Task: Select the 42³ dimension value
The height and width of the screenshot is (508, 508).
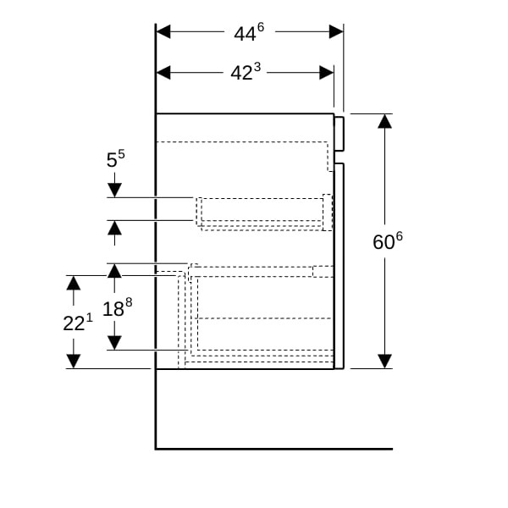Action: point(246,73)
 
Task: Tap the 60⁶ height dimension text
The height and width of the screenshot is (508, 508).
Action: point(388,241)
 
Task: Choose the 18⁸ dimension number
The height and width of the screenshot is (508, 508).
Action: point(118,307)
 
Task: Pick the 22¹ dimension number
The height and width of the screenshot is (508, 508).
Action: point(78,323)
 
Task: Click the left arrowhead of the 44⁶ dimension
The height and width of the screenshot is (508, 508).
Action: point(164,31)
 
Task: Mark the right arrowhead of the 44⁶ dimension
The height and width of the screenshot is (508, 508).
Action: point(336,31)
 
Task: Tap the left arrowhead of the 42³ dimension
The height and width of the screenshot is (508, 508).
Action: point(164,73)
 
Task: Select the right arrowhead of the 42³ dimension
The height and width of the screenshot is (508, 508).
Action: point(326,73)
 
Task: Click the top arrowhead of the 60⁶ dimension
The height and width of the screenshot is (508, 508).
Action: point(385,121)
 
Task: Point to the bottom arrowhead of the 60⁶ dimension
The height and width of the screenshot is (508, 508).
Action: point(385,362)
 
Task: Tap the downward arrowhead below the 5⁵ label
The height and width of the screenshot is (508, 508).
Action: point(114,190)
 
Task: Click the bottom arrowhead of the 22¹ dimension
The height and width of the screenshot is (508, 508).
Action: point(74,361)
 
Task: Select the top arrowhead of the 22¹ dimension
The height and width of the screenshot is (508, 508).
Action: point(74,283)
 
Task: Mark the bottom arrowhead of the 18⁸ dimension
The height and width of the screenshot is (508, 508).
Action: point(114,342)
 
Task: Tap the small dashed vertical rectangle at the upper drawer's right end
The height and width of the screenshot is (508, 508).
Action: point(328,212)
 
